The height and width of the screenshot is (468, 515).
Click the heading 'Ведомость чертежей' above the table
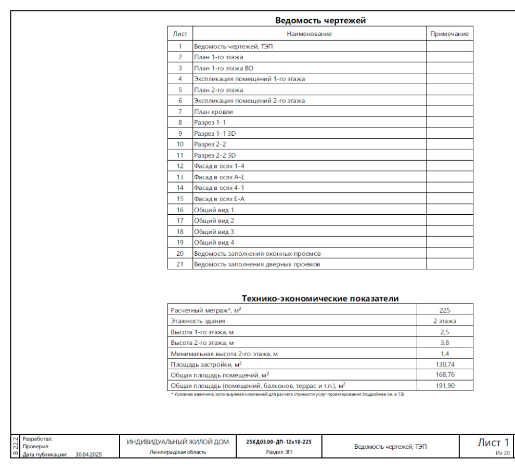click(x=320, y=21)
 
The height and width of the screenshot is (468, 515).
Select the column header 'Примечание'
click(x=449, y=34)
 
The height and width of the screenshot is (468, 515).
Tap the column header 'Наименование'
click(x=310, y=34)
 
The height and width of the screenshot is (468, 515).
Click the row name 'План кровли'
click(x=213, y=112)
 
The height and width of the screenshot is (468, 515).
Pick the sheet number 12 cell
click(x=180, y=166)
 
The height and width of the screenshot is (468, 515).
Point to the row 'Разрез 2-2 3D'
click(x=215, y=155)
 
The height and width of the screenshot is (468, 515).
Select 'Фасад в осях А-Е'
click(x=219, y=177)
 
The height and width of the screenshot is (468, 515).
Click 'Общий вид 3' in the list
click(x=214, y=232)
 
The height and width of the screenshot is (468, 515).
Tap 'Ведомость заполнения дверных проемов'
click(x=257, y=265)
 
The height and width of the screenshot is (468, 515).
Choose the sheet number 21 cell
click(x=180, y=265)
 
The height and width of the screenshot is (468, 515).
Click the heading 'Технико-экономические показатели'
click(x=320, y=298)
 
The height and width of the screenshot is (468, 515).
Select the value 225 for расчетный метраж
click(x=445, y=310)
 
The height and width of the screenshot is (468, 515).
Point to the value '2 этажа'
click(x=445, y=321)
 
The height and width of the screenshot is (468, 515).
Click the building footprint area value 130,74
click(x=445, y=365)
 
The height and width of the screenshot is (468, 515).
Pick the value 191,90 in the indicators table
click(x=445, y=386)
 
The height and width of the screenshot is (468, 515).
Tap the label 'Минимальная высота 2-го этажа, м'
click(x=224, y=354)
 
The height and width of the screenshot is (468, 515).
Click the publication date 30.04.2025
click(x=89, y=454)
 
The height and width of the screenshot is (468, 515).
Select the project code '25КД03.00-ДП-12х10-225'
click(x=279, y=442)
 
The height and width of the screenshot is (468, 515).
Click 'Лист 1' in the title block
click(x=493, y=443)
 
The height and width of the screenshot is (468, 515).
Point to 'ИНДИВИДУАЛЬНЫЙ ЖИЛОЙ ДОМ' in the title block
click(x=177, y=442)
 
